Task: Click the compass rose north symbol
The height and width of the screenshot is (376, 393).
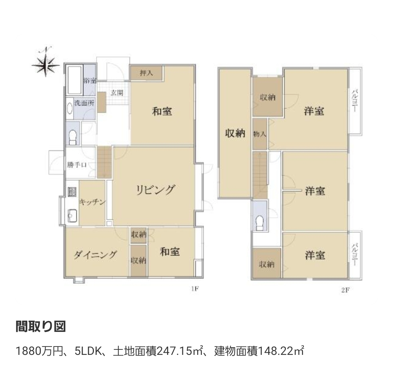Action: (x=45, y=62)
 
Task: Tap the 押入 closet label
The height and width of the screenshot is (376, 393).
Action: (x=147, y=73)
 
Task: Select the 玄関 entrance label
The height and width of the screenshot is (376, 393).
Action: (x=117, y=93)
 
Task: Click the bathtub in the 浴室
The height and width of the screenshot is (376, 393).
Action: (x=75, y=80)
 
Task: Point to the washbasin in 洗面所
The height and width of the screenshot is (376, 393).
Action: (x=70, y=109)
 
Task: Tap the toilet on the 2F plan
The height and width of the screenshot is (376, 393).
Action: (x=259, y=223)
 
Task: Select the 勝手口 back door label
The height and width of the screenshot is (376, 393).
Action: (x=77, y=165)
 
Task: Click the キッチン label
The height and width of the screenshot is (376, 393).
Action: (x=92, y=202)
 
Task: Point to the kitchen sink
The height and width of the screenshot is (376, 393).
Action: (x=72, y=216)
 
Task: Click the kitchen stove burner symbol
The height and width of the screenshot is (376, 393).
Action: (x=72, y=192)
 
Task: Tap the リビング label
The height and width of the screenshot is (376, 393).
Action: (x=155, y=190)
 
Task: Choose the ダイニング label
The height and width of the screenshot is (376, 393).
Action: (x=95, y=255)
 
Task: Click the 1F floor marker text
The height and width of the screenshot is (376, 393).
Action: (x=195, y=289)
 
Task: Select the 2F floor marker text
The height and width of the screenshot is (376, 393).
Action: (x=345, y=290)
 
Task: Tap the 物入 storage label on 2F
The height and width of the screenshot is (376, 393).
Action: (x=259, y=134)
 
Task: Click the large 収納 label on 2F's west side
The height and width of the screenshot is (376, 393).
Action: (x=235, y=133)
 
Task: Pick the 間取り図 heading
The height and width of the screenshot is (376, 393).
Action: (x=41, y=326)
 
